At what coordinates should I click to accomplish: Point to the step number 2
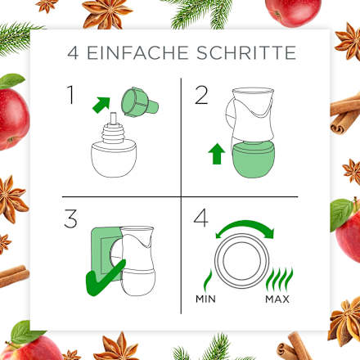[201, 97]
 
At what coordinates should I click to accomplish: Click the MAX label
[278, 299]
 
